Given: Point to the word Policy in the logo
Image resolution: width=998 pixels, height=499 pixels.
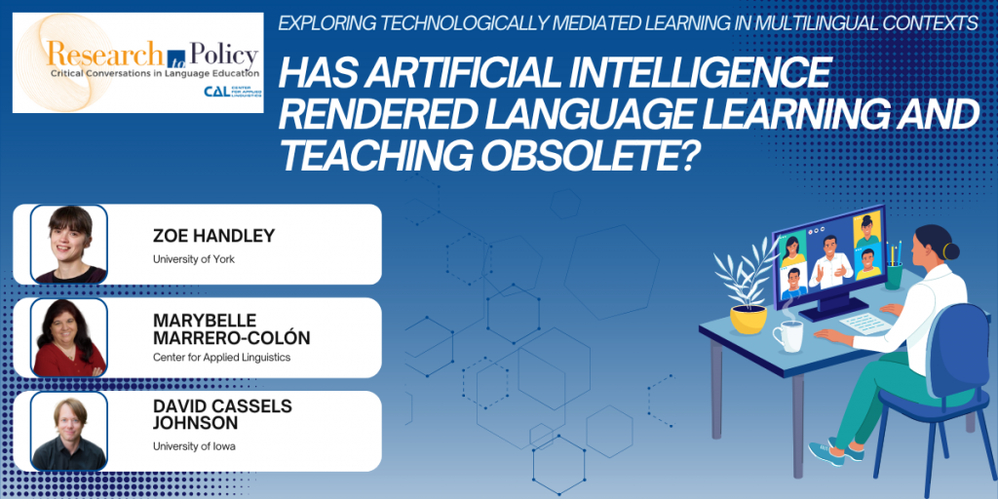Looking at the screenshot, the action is (219, 57).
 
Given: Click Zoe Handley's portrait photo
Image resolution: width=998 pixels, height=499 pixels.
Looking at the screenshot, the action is (69, 244).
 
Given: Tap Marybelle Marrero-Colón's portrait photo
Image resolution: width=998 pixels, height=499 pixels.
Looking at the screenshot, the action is (69, 337).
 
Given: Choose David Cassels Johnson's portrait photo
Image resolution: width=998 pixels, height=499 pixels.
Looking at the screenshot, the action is (69, 431).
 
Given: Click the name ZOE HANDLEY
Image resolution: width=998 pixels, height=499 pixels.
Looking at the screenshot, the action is (213, 236).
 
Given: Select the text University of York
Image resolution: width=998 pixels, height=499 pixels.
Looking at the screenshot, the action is (194, 259).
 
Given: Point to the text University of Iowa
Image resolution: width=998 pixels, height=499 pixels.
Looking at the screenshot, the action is (194, 446).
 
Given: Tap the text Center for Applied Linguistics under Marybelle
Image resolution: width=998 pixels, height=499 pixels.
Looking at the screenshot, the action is (221, 357).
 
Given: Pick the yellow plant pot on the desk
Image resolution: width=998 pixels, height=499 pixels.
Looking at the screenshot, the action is (748, 319).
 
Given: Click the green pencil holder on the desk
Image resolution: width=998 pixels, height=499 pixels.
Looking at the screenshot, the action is (894, 276).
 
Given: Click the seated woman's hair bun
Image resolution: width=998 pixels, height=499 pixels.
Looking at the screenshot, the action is (950, 250).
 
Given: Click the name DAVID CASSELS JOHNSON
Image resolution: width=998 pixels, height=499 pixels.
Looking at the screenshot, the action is (222, 415).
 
